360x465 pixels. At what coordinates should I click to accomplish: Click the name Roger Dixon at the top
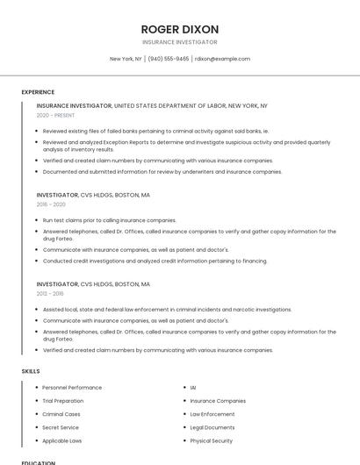pyautogui.click(x=180, y=29)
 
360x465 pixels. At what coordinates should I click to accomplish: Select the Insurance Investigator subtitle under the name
pyautogui.click(x=180, y=42)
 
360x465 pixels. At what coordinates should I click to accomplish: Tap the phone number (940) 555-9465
pyautogui.click(x=168, y=59)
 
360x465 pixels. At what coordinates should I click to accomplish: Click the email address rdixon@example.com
pyautogui.click(x=222, y=59)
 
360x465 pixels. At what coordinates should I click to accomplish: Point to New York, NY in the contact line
pyautogui.click(x=126, y=59)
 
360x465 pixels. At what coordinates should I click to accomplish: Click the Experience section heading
pyautogui.click(x=38, y=92)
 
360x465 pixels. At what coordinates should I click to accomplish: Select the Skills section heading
pyautogui.click(x=31, y=371)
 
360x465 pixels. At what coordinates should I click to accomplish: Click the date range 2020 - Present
pyautogui.click(x=55, y=115)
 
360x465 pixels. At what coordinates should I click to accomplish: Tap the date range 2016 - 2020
pyautogui.click(x=51, y=204)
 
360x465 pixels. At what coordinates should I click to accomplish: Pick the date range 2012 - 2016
pyautogui.click(x=50, y=294)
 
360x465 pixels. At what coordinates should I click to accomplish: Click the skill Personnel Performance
pyautogui.click(x=72, y=388)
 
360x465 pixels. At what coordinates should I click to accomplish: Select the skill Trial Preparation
pyautogui.click(x=63, y=401)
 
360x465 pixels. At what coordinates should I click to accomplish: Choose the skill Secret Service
pyautogui.click(x=61, y=427)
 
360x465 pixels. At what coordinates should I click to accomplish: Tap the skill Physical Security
pyautogui.click(x=211, y=440)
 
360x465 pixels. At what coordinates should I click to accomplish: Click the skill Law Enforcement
pyautogui.click(x=212, y=414)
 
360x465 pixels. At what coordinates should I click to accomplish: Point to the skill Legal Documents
pyautogui.click(x=211, y=427)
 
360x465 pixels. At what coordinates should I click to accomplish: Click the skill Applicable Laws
pyautogui.click(x=62, y=440)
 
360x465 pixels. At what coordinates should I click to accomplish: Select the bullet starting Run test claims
pyautogui.click(x=109, y=220)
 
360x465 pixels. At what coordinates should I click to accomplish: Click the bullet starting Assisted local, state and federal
pyautogui.click(x=167, y=310)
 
